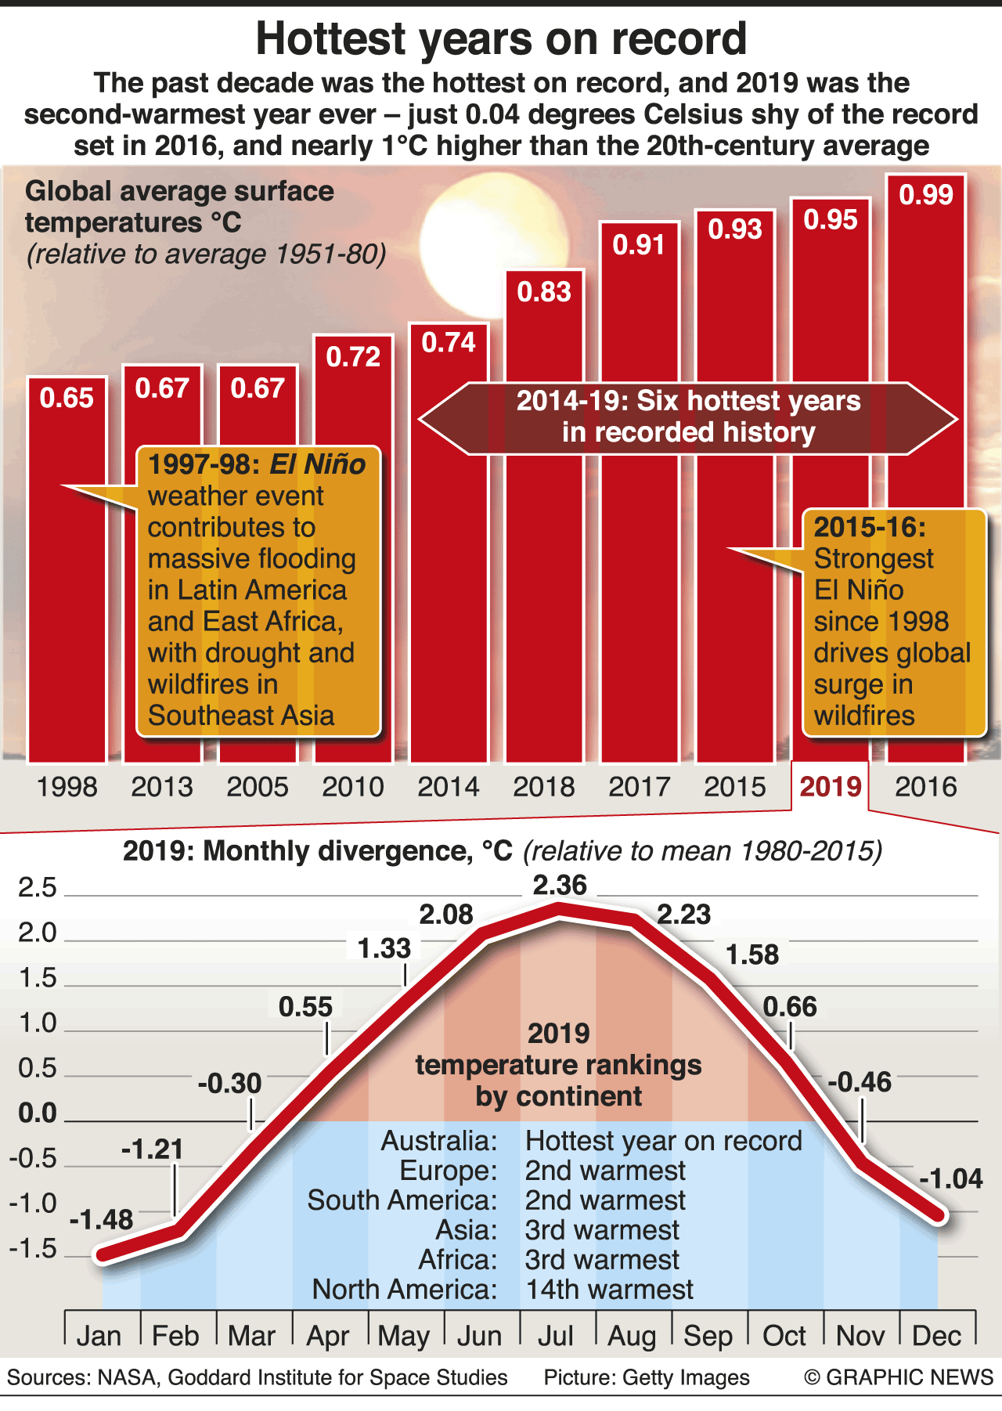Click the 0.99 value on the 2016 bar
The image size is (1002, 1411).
926,194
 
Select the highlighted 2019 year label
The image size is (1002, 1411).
831,786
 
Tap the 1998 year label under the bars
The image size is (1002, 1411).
67,786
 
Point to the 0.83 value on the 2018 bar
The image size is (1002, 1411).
544,292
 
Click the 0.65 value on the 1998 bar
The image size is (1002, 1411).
67,398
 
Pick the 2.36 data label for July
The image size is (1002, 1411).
560,885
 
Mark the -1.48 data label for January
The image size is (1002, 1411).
101,1219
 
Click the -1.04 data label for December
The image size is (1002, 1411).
950,1178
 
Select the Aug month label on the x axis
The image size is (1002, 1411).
632,1336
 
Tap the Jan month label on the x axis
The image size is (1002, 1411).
99,1336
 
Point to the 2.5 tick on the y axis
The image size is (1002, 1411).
38,887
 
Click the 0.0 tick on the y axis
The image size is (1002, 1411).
38,1113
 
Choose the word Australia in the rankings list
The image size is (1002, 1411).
438,1141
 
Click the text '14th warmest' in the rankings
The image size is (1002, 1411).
609,1290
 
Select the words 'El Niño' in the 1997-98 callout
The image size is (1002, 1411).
317,464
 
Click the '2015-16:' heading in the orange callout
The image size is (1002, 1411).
870,527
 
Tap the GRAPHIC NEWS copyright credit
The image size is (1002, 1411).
899,1377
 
